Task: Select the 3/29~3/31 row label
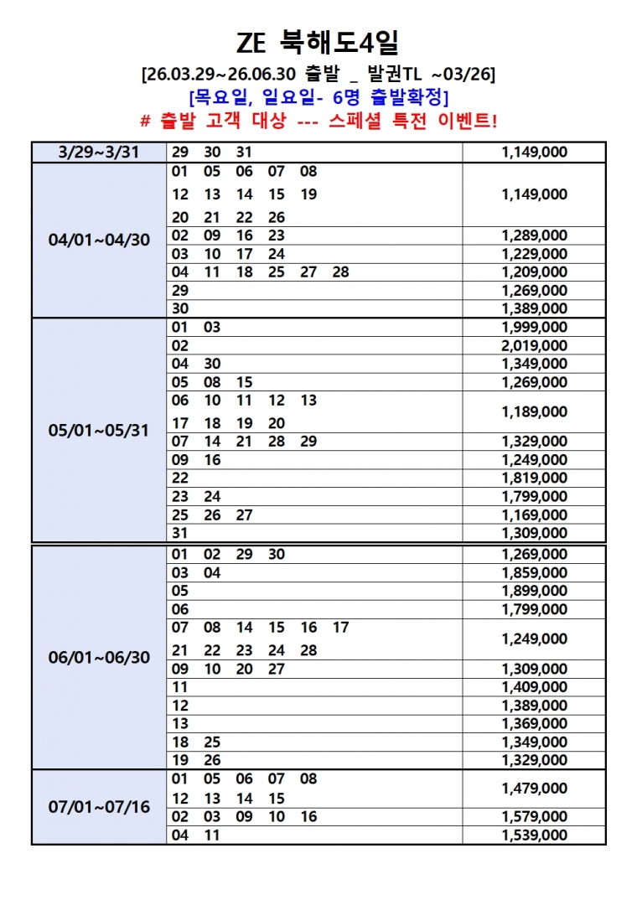tap(99, 153)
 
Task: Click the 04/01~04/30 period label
tap(99, 240)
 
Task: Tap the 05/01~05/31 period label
tap(99, 431)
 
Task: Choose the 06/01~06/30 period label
tap(99, 657)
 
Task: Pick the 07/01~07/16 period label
tap(99, 808)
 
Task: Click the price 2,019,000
tap(534, 345)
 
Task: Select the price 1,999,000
tap(534, 327)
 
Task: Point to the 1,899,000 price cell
tap(534, 591)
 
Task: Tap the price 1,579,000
tap(534, 817)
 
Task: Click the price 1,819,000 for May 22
tap(534, 478)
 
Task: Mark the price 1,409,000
tap(534, 687)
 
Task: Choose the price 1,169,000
tap(534, 515)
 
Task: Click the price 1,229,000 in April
tap(534, 254)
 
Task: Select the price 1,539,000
tap(534, 835)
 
